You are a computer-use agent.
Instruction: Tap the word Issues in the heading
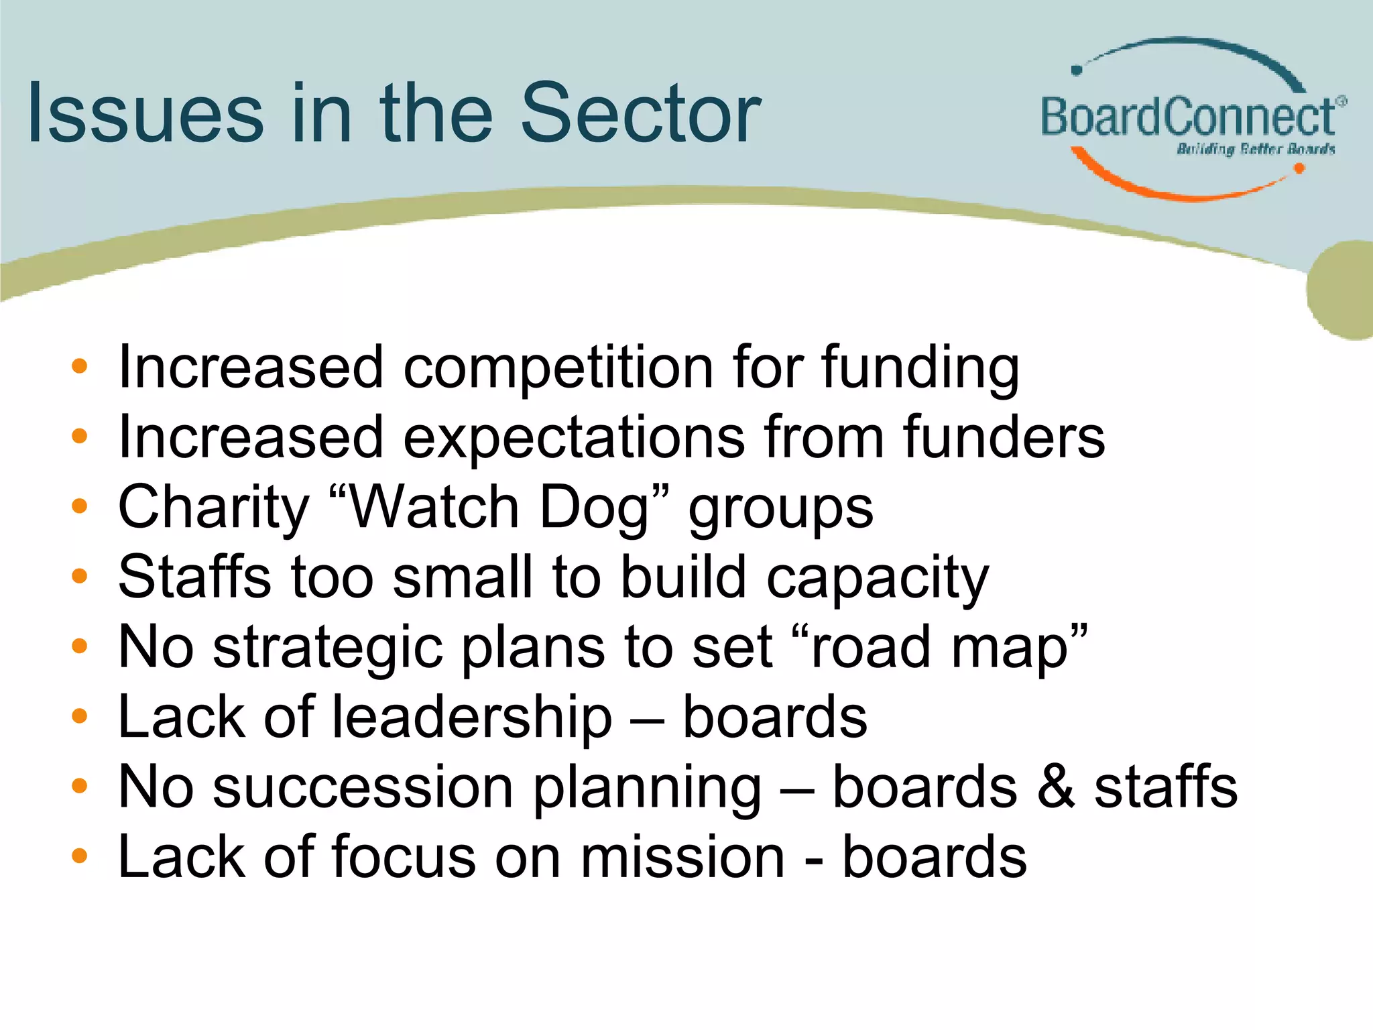(x=145, y=114)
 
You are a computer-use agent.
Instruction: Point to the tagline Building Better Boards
(x=1256, y=149)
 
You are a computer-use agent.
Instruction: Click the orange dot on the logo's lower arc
(x=1299, y=168)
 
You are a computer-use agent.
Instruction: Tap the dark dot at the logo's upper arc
(x=1077, y=70)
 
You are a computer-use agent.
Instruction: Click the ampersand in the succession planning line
(x=1055, y=787)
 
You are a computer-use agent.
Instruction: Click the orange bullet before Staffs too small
(x=79, y=576)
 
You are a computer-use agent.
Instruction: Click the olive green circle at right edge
(x=1341, y=290)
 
